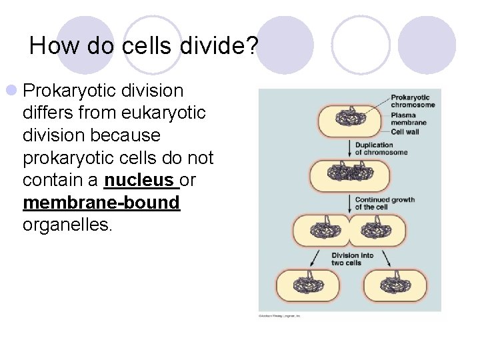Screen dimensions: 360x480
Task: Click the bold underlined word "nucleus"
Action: tap(141, 181)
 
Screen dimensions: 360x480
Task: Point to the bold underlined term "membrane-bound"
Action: tap(101, 203)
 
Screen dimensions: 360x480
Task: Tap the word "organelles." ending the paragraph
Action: tap(68, 225)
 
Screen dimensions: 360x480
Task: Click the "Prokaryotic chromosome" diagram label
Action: tap(412, 101)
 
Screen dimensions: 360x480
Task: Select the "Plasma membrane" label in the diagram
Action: tap(408, 119)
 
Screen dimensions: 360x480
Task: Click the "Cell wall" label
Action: tap(405, 131)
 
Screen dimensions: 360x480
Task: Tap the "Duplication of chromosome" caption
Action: tap(381, 149)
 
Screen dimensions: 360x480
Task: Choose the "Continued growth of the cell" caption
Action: tap(384, 203)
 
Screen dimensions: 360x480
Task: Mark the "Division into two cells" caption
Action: tap(352, 259)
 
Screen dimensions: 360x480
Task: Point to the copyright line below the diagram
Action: tap(279, 315)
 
